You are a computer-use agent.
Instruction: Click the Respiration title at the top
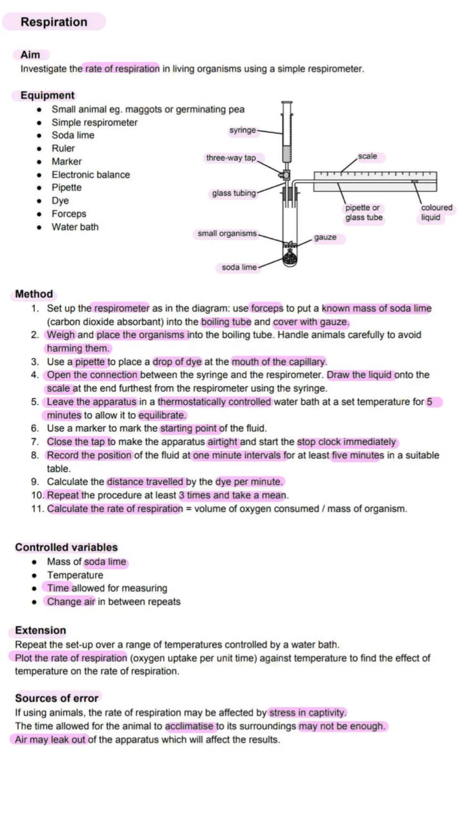(x=54, y=22)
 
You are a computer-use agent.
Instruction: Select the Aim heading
(x=30, y=55)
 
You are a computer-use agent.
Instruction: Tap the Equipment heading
(x=47, y=96)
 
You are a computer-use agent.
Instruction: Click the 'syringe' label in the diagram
(x=243, y=130)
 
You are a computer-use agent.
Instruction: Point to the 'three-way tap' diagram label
(x=231, y=158)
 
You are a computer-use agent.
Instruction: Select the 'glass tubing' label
(x=234, y=194)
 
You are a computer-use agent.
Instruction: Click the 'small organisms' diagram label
(x=227, y=234)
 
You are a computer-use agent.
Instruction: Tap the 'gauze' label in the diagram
(x=325, y=238)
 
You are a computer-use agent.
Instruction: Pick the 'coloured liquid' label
(x=436, y=213)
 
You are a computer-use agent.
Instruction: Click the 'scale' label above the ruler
(x=367, y=156)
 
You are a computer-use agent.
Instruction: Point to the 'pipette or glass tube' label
(x=364, y=213)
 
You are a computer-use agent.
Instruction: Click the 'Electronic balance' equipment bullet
(x=91, y=175)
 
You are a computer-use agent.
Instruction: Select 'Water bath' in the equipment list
(x=75, y=227)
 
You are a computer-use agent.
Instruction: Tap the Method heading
(x=34, y=294)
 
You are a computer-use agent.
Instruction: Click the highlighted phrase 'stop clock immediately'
(x=347, y=442)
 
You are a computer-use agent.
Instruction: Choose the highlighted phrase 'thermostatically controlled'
(x=215, y=402)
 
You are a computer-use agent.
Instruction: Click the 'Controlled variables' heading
(x=66, y=547)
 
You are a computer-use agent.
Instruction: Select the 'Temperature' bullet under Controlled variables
(x=75, y=575)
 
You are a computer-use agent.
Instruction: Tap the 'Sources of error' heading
(x=57, y=698)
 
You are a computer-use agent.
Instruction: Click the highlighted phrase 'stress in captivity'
(x=307, y=713)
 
